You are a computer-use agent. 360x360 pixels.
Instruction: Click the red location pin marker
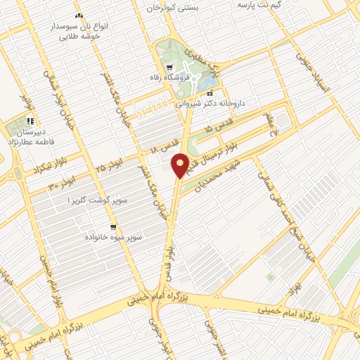(x=181, y=165)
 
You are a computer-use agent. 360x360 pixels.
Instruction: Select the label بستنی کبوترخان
(x=173, y=7)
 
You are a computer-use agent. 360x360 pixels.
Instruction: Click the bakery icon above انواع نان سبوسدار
(x=79, y=15)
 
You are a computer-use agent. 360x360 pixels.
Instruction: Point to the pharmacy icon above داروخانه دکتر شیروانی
(x=210, y=92)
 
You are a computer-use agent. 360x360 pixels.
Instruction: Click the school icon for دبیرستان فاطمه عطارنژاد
(x=30, y=121)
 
